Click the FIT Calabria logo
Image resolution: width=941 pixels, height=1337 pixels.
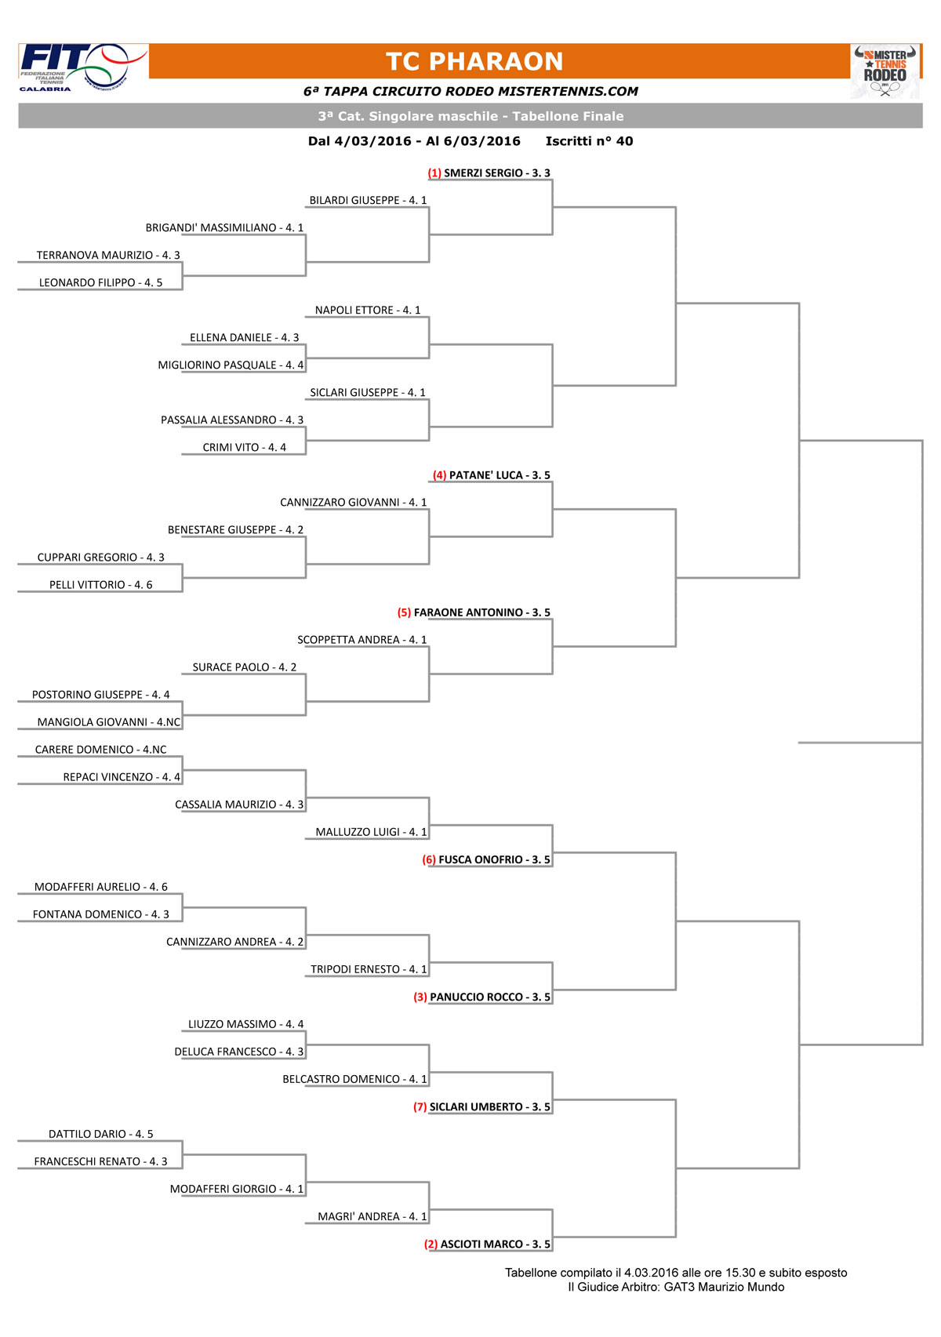click(83, 67)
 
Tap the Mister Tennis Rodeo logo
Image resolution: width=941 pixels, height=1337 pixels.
click(885, 71)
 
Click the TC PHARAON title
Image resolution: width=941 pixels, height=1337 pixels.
click(474, 61)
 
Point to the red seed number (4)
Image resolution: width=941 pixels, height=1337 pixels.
click(439, 475)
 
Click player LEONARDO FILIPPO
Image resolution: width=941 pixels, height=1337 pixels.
click(87, 282)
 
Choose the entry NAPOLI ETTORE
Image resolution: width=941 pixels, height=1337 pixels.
click(354, 310)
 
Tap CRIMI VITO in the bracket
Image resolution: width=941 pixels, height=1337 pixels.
click(231, 447)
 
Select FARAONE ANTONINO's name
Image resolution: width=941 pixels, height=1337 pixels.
click(468, 612)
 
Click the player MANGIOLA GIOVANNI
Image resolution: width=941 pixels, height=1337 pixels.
click(92, 722)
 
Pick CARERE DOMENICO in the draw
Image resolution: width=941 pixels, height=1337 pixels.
click(84, 750)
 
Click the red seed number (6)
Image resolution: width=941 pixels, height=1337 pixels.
click(429, 859)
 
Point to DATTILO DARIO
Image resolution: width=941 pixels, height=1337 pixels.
click(87, 1134)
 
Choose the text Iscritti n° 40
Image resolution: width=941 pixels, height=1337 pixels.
click(589, 141)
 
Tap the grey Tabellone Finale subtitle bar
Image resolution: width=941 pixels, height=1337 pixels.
click(470, 116)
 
